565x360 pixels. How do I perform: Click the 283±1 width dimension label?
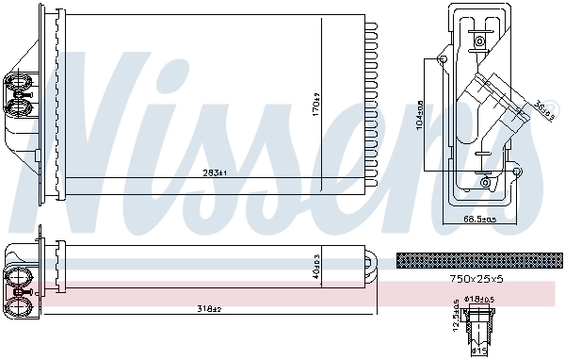pyautogui.click(x=216, y=172)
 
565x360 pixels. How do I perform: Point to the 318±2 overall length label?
pyautogui.click(x=210, y=309)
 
